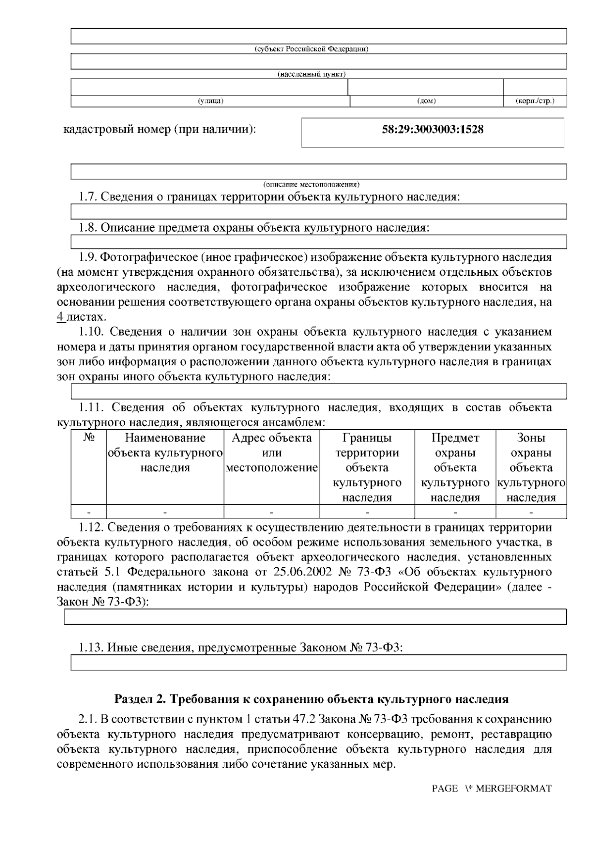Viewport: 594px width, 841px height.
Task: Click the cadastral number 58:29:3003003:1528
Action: point(433,130)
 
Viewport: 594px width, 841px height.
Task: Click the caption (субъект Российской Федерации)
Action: point(311,49)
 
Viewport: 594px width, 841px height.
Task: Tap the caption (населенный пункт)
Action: point(311,74)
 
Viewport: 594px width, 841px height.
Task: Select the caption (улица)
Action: point(211,101)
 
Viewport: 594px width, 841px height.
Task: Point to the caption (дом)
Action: point(427,101)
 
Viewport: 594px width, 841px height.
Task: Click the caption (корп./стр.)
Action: point(535,101)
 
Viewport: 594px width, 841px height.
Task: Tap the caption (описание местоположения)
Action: point(311,184)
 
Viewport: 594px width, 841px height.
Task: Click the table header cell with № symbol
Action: point(89,438)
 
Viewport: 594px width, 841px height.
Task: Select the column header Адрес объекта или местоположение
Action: point(272,452)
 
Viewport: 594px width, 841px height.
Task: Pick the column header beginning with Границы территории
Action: point(367,467)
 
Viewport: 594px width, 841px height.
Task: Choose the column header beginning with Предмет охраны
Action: point(455,467)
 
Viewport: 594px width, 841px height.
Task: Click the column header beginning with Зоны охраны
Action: point(531,467)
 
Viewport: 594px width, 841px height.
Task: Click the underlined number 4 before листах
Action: point(61,317)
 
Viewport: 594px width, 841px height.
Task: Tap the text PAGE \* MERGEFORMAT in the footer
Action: point(491,789)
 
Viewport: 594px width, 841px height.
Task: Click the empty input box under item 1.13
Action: point(318,663)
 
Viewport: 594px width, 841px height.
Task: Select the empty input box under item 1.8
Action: point(318,242)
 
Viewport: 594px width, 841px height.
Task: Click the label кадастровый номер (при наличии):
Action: point(159,130)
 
